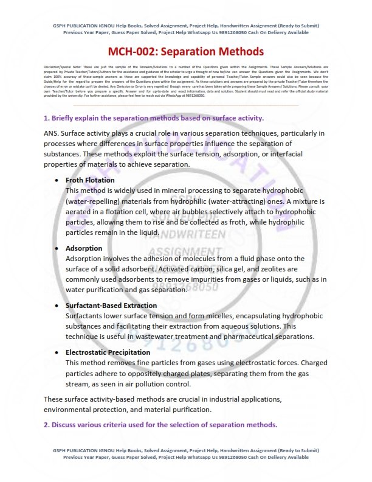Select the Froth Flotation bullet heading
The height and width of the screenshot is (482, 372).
click(x=89, y=181)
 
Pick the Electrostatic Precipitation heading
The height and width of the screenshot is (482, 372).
click(x=108, y=352)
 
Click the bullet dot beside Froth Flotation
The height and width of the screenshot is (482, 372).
click(x=57, y=181)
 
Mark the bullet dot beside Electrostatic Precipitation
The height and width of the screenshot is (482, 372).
click(x=57, y=352)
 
